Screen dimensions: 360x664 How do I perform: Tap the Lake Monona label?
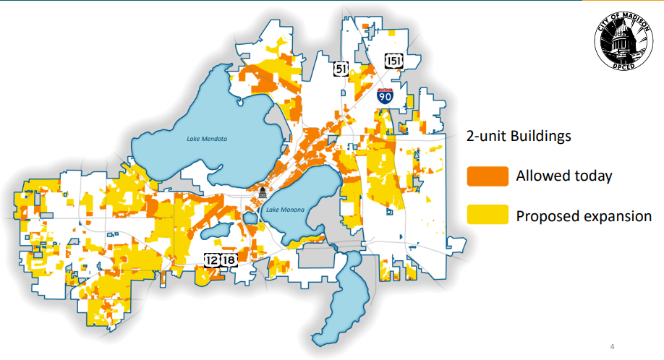pyautogui.click(x=286, y=210)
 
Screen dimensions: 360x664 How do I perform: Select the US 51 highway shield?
pyautogui.click(x=341, y=69)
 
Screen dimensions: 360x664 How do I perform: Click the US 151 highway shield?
pyautogui.click(x=393, y=60)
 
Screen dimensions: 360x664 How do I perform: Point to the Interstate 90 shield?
pyautogui.click(x=386, y=97)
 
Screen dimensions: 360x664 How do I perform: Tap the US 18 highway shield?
pyautogui.click(x=229, y=260)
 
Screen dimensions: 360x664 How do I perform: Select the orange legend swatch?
pyautogui.click(x=486, y=176)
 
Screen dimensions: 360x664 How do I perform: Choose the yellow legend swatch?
pyautogui.click(x=486, y=215)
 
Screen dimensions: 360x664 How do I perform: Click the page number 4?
pyautogui.click(x=613, y=345)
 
